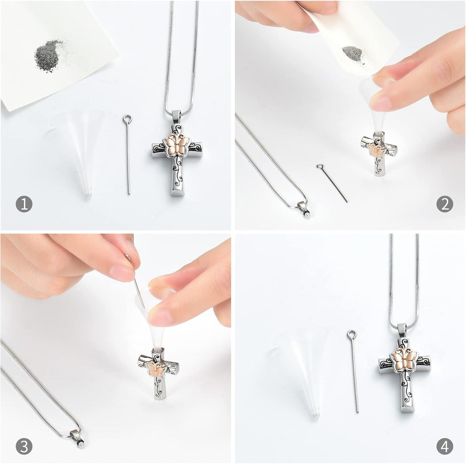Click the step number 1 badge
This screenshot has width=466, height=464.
[24, 204]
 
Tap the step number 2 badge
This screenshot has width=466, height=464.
[445, 204]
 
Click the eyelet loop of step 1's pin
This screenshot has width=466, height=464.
[127, 119]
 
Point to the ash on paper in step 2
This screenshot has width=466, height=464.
[352, 53]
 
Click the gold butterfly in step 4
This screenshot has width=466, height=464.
[404, 360]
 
